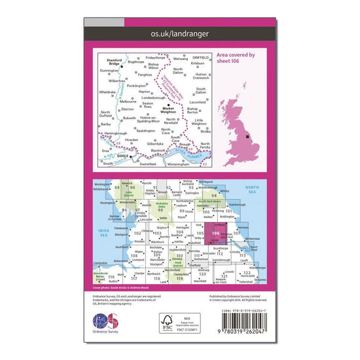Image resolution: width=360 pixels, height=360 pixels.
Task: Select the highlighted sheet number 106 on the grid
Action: point(217,234)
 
